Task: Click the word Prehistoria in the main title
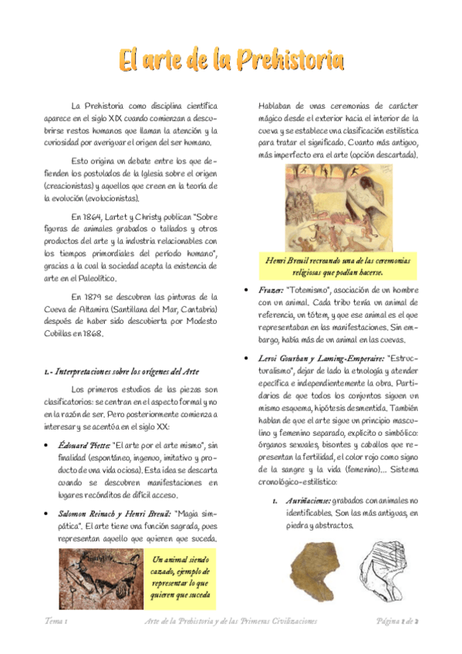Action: point(290,60)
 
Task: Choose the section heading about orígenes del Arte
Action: point(122,371)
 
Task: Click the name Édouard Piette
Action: point(84,445)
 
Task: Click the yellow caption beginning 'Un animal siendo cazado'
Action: point(181,577)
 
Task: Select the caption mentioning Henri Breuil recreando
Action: point(338,266)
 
